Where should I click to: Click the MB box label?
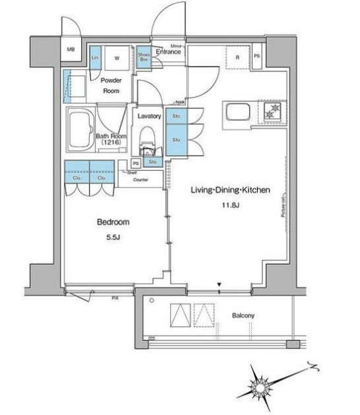(71, 49)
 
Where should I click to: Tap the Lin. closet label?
(95, 57)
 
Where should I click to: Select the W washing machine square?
(117, 57)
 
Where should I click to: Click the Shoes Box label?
(144, 57)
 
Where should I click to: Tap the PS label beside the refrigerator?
(257, 56)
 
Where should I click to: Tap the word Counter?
(140, 179)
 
